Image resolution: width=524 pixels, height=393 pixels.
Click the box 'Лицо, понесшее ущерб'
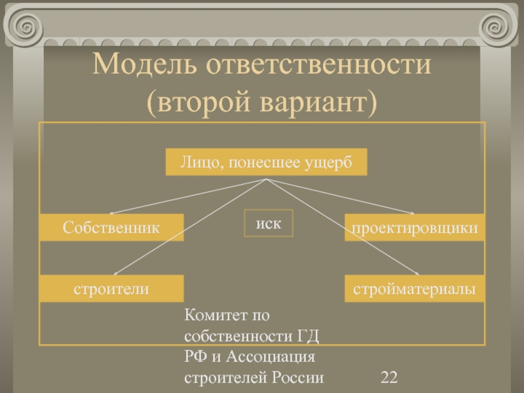click(x=265, y=162)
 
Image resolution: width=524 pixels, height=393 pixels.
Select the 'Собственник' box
click(x=111, y=227)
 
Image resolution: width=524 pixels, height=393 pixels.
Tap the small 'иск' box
click(x=269, y=223)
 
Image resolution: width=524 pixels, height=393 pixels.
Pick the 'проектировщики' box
click(x=415, y=227)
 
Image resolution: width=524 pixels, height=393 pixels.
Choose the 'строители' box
click(x=111, y=288)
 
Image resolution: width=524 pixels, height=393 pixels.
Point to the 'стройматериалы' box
click(x=415, y=288)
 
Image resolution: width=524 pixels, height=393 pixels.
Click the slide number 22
click(x=389, y=377)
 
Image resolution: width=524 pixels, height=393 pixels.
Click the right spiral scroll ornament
click(x=496, y=28)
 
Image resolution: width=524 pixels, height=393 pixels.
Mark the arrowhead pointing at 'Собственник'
click(x=112, y=213)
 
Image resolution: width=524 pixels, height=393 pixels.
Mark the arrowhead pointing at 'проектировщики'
click(x=413, y=213)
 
